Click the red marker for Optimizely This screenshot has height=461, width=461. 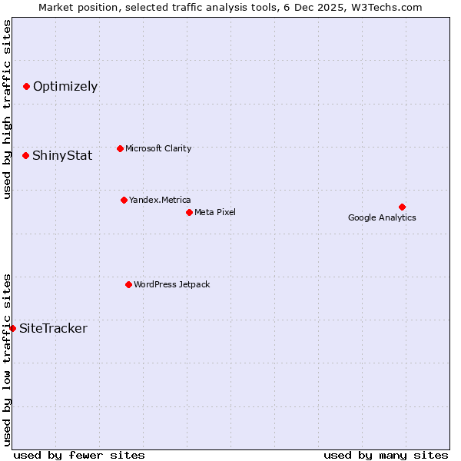pyautogui.click(x=26, y=86)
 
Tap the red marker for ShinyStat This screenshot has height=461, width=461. pyautogui.click(x=25, y=155)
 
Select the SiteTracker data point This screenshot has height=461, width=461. pyautogui.click(x=12, y=328)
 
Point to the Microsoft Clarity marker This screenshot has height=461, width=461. pyautogui.click(x=120, y=148)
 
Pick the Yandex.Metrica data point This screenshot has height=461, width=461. pyautogui.click(x=124, y=200)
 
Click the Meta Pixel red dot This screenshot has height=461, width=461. pyautogui.click(x=189, y=212)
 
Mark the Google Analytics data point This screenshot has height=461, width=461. pyautogui.click(x=402, y=207)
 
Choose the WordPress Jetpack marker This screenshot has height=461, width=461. pyautogui.click(x=128, y=284)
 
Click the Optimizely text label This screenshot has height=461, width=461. pyautogui.click(x=65, y=86)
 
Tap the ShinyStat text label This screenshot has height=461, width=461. pyautogui.click(x=62, y=155)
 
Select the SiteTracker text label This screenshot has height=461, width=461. pyautogui.click(x=53, y=329)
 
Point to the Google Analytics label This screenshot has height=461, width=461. pyautogui.click(x=382, y=217)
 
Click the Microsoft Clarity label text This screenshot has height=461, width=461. pyautogui.click(x=158, y=148)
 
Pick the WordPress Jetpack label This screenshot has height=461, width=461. pyautogui.click(x=171, y=284)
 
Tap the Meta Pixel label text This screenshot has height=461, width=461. pyautogui.click(x=215, y=212)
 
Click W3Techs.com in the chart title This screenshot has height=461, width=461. pyautogui.click(x=386, y=7)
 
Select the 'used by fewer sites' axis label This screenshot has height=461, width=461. pyautogui.click(x=79, y=455)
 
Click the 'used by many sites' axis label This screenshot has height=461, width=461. pyautogui.click(x=386, y=455)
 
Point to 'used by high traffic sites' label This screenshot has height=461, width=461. pyautogui.click(x=7, y=109)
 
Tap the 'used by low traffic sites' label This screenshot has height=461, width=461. pyautogui.click(x=7, y=360)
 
